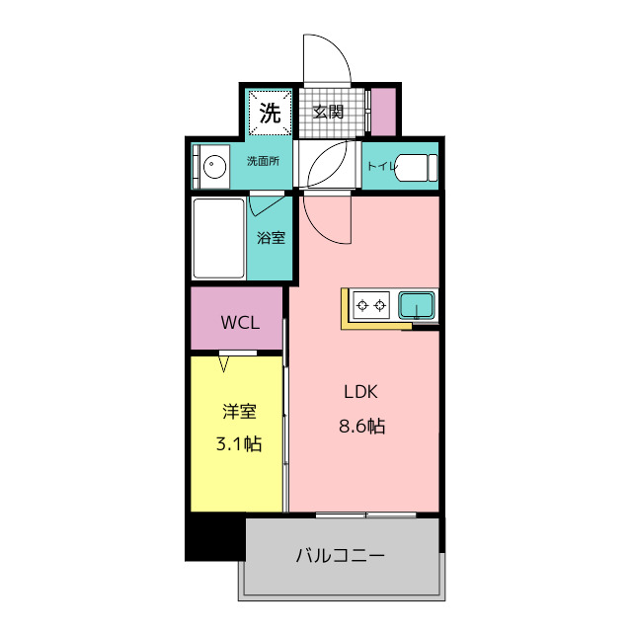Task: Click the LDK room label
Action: click(360, 392)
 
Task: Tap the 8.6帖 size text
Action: click(360, 428)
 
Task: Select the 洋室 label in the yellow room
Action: click(238, 412)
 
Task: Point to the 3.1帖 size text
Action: click(238, 444)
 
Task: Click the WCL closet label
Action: click(238, 322)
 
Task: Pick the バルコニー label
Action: click(340, 555)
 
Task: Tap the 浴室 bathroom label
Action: click(271, 237)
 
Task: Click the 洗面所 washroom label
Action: click(262, 162)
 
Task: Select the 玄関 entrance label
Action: click(328, 112)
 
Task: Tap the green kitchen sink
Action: click(418, 305)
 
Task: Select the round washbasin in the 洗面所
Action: click(210, 165)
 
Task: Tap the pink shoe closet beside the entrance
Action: click(382, 113)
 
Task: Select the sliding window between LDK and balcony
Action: click(365, 513)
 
